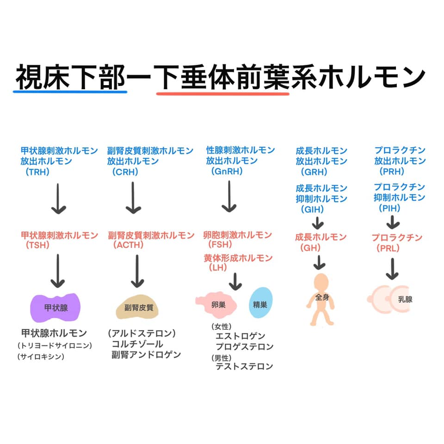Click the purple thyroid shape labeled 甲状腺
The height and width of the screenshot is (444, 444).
[x=55, y=308]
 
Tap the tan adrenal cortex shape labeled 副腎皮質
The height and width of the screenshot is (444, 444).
[x=137, y=307]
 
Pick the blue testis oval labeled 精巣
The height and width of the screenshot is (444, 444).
[x=260, y=302]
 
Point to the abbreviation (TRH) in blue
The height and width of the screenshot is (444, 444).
[x=37, y=172]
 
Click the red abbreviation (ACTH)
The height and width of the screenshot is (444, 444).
[x=128, y=245]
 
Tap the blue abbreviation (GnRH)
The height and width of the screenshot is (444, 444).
[x=227, y=171]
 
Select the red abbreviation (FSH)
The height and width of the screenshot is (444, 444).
[x=220, y=244]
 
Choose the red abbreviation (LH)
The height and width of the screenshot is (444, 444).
[x=218, y=267]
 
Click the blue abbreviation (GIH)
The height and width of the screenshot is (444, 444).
[x=312, y=209]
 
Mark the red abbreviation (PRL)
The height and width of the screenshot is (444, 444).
[x=388, y=248]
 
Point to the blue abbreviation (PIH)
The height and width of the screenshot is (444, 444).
[x=389, y=209]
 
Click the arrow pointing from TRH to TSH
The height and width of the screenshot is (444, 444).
[x=58, y=198]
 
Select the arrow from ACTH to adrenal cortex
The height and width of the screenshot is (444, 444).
[x=137, y=271]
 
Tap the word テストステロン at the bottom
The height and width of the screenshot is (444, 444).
[x=244, y=366]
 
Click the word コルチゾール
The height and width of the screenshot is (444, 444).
[x=137, y=344]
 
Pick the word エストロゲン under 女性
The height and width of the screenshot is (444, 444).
[x=240, y=336]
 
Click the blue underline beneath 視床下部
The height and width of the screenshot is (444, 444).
[x=70, y=92]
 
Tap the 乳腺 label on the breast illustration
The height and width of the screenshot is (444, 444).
[x=405, y=299]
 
